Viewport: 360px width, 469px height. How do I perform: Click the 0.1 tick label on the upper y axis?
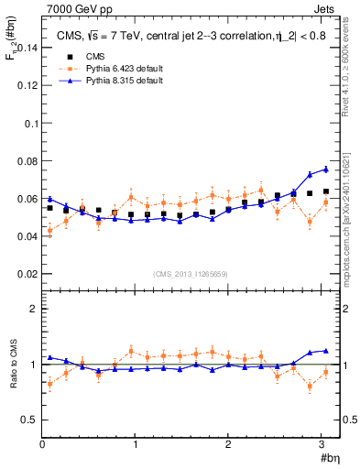(30, 123)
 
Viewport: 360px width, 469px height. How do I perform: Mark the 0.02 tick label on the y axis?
(27, 274)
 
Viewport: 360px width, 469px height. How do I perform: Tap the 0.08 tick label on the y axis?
(27, 160)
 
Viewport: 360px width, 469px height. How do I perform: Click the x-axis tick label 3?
(322, 444)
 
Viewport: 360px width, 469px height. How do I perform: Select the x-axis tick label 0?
(42, 444)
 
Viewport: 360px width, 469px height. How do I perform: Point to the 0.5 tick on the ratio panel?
(29, 420)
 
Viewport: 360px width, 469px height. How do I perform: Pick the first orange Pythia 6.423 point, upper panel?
(49, 230)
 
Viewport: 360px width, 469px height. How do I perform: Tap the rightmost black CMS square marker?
(325, 191)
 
